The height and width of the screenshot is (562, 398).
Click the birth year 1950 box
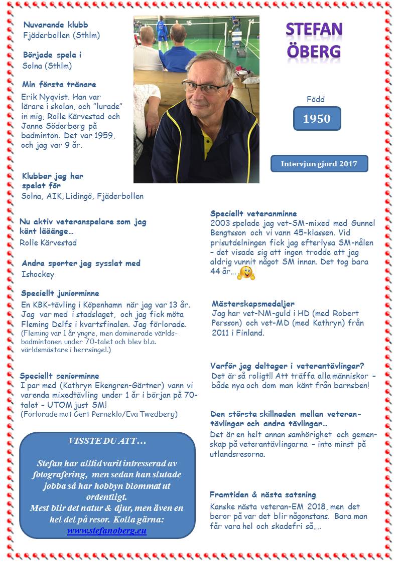click(x=317, y=119)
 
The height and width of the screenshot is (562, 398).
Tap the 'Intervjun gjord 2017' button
click(x=319, y=164)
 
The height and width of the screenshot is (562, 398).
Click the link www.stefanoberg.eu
click(x=107, y=530)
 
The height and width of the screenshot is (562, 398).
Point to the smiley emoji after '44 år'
click(x=246, y=272)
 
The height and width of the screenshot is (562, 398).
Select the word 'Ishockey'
click(x=38, y=274)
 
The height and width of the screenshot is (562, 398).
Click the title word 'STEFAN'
click(x=314, y=30)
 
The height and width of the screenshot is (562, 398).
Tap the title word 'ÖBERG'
click(x=314, y=51)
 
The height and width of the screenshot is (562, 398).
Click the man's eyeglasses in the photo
click(x=206, y=88)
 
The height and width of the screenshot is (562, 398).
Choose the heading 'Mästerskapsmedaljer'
click(x=253, y=304)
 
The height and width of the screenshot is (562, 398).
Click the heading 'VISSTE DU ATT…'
click(x=106, y=441)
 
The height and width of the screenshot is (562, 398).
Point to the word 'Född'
click(x=316, y=99)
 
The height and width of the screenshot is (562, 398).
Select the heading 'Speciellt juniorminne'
click(x=60, y=294)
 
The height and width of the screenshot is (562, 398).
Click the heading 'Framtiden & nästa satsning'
click(x=263, y=495)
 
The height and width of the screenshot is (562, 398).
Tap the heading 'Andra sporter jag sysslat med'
click(x=81, y=263)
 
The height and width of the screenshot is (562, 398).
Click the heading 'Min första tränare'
click(x=59, y=84)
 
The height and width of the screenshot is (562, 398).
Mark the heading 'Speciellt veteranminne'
click(x=253, y=213)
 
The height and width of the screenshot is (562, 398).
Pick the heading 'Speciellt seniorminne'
click(x=59, y=376)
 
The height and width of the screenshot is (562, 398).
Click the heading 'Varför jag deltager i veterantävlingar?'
click(x=287, y=366)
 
